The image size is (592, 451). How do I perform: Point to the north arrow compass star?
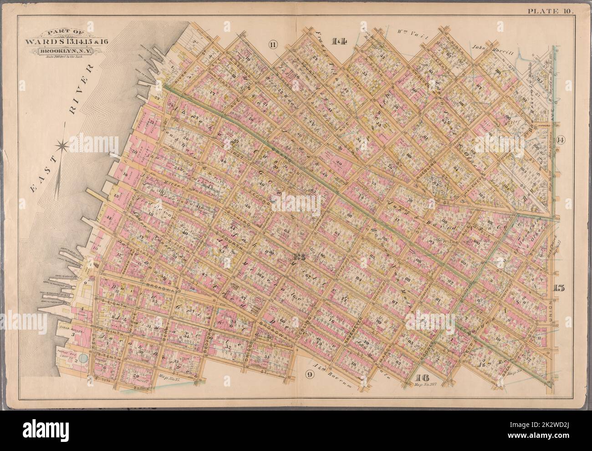tap(62, 146)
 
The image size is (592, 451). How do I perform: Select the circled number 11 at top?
tap(272, 44)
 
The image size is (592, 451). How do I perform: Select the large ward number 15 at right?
tap(560, 287)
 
